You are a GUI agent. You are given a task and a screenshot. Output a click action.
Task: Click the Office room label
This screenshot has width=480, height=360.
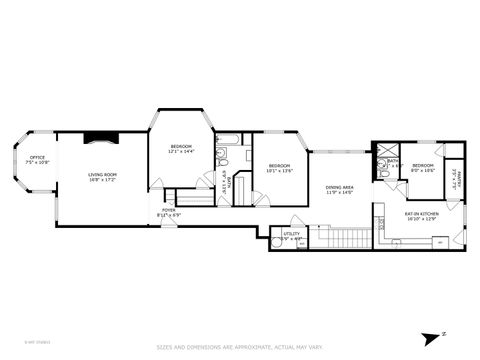(38, 158)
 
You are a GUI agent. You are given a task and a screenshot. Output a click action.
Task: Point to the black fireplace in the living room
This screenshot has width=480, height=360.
(101, 139)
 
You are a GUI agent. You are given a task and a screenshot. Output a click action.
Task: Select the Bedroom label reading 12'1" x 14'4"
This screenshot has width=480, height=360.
(181, 147)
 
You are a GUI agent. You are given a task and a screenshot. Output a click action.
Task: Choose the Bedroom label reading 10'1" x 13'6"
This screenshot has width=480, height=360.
(279, 167)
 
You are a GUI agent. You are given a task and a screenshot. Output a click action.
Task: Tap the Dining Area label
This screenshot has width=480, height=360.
(340, 189)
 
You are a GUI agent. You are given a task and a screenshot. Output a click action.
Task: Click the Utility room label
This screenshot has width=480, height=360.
(292, 236)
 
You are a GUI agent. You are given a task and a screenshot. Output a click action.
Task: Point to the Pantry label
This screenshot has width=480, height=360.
(454, 182)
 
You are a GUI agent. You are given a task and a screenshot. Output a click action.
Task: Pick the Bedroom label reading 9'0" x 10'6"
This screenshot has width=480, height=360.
(423, 167)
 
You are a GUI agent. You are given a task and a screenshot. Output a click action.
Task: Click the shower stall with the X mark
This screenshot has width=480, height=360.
(380, 149)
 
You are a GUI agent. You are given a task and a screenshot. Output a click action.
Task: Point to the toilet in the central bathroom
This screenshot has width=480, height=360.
(227, 158)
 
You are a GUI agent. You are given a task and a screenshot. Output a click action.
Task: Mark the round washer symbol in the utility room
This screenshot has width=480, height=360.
(277, 241)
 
